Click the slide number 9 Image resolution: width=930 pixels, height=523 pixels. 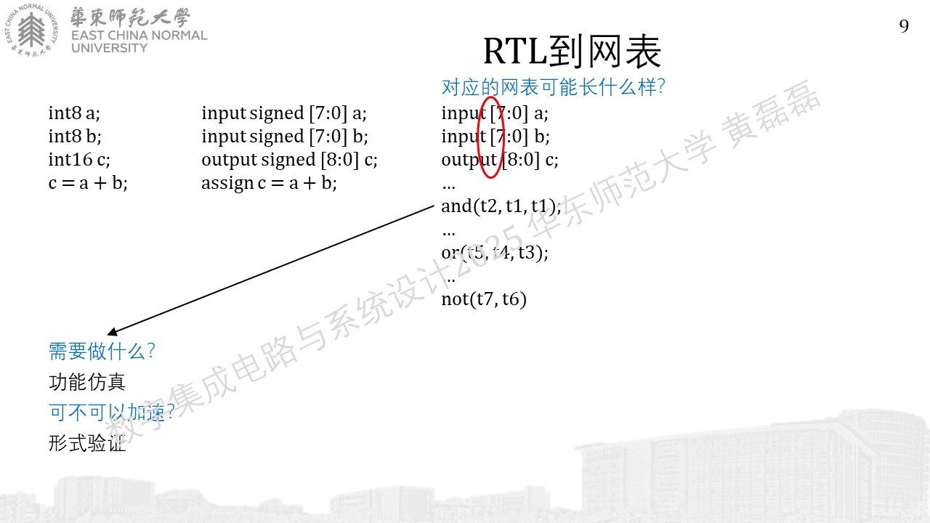[x=904, y=26]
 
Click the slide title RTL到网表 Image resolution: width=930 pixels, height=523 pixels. [x=572, y=52]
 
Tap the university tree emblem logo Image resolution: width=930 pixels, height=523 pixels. [x=31, y=30]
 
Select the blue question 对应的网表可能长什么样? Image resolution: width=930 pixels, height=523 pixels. [x=553, y=87]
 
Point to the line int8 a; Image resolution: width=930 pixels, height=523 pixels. [x=74, y=113]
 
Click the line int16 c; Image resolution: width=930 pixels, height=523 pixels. [x=79, y=159]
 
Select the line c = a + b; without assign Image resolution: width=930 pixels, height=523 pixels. [x=88, y=183]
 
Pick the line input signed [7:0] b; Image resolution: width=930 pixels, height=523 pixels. [x=285, y=137]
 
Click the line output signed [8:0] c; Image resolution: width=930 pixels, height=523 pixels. [x=289, y=160]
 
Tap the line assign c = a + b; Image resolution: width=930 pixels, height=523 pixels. [x=269, y=183]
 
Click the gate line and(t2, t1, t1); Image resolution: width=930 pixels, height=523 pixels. [x=501, y=206]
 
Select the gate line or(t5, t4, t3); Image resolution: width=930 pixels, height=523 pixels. [x=495, y=252]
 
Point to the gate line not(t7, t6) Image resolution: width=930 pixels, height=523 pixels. [x=484, y=299]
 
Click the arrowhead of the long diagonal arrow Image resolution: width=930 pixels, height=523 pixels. [x=112, y=332]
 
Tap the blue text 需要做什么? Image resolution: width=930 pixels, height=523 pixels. [x=102, y=351]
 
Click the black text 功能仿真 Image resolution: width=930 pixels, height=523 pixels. [x=87, y=382]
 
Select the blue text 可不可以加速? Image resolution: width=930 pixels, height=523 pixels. [x=111, y=413]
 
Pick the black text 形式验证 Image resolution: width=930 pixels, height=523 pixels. [x=87, y=443]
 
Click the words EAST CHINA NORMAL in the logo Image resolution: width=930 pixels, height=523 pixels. [x=139, y=36]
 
